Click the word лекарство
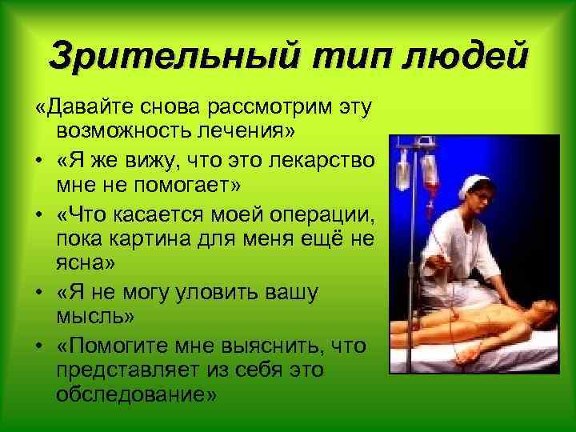coord(318,159)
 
